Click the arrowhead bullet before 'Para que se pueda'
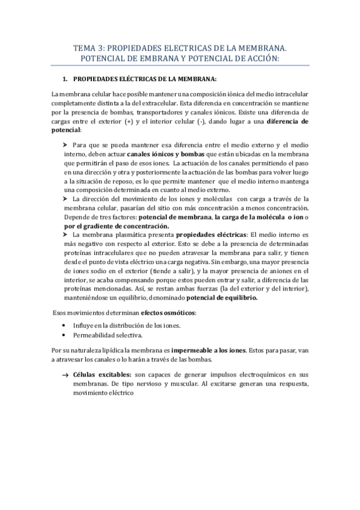[66, 146]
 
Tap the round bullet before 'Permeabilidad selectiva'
[64, 335]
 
